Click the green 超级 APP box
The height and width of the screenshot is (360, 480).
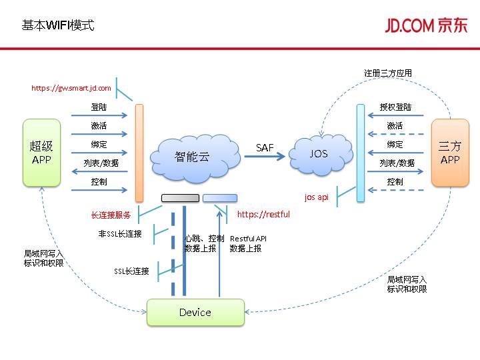pos(41,152)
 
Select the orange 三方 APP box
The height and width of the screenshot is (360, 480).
pos(450,152)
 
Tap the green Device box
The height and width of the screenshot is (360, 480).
pos(195,312)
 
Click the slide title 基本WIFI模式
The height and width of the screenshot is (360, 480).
pos(58,25)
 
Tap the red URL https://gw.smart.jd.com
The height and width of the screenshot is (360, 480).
pos(71,88)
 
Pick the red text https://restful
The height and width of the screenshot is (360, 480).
pos(263,215)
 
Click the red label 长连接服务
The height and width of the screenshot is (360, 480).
pos(111,215)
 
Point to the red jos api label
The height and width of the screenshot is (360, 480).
pos(317,197)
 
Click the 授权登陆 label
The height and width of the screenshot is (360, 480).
pos(395,107)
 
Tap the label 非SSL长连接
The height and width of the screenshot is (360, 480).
pos(120,234)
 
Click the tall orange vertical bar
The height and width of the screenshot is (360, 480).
pos(139,152)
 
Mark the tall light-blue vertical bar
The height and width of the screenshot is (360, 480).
pos(361,152)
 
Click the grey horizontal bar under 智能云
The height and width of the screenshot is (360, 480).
pos(180,198)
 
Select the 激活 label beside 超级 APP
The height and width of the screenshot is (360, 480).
pos(99,126)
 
